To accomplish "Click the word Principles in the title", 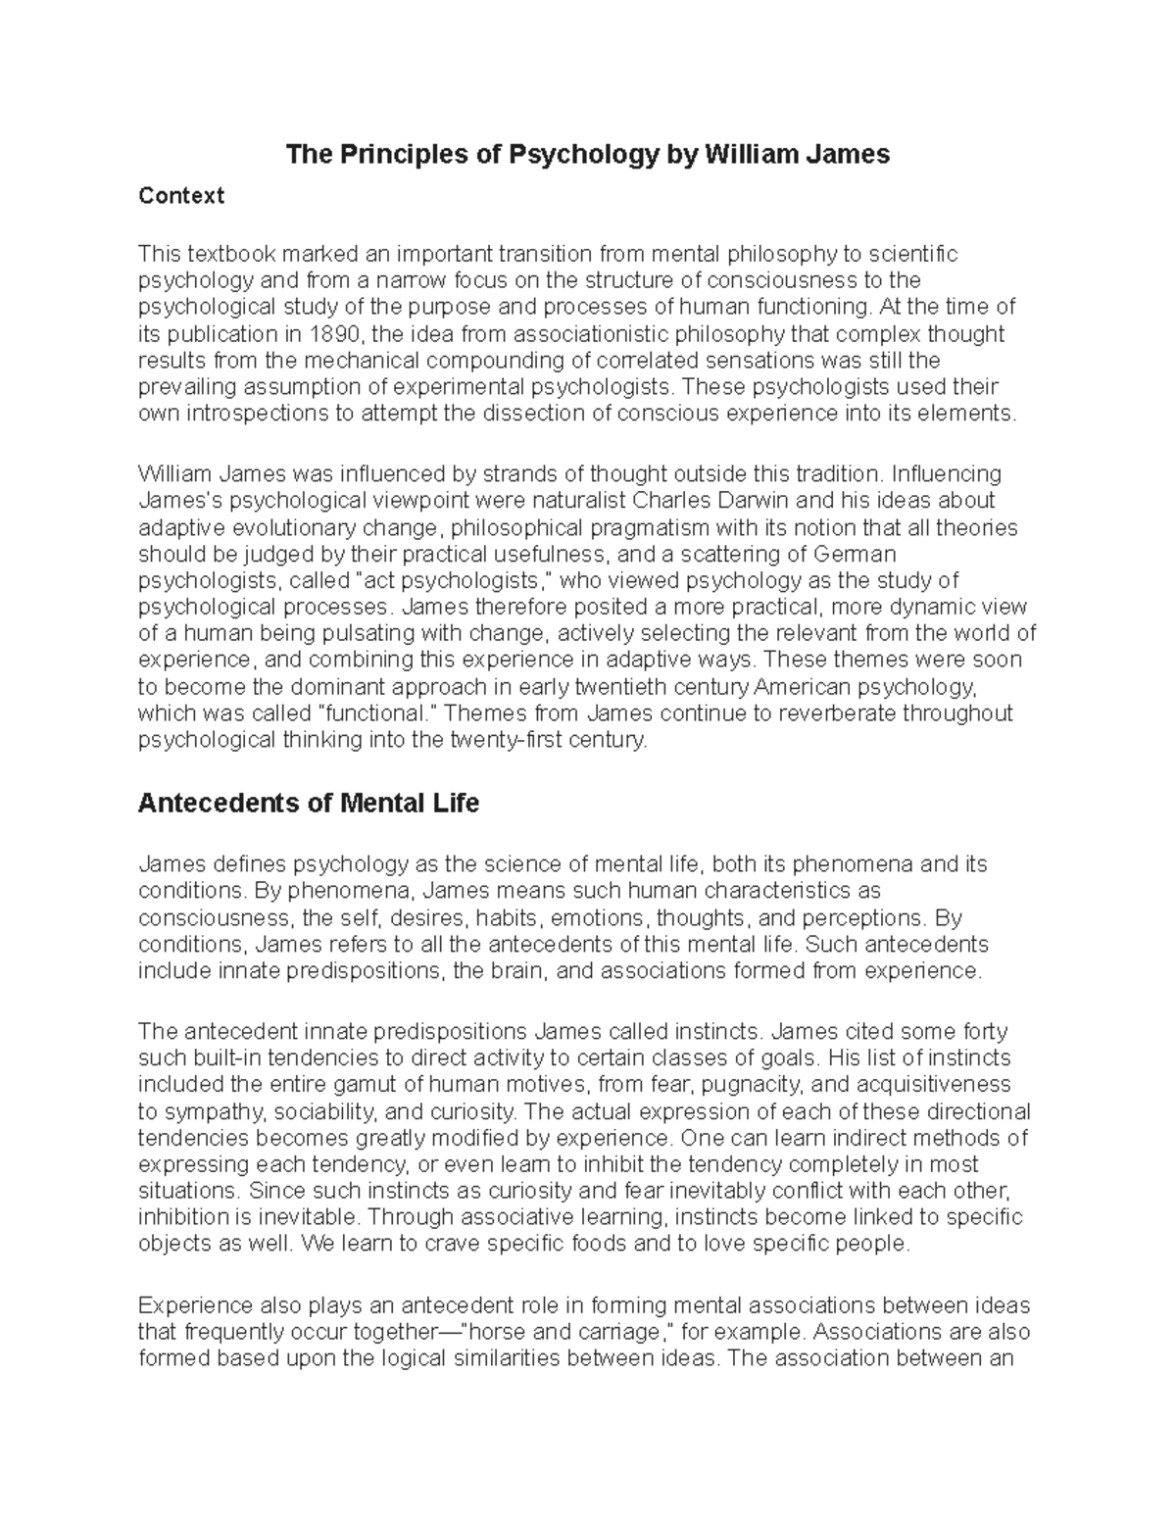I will [386, 155].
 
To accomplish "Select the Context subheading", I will [181, 196].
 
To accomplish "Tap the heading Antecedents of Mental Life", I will [309, 804].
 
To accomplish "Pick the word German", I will [867, 555].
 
